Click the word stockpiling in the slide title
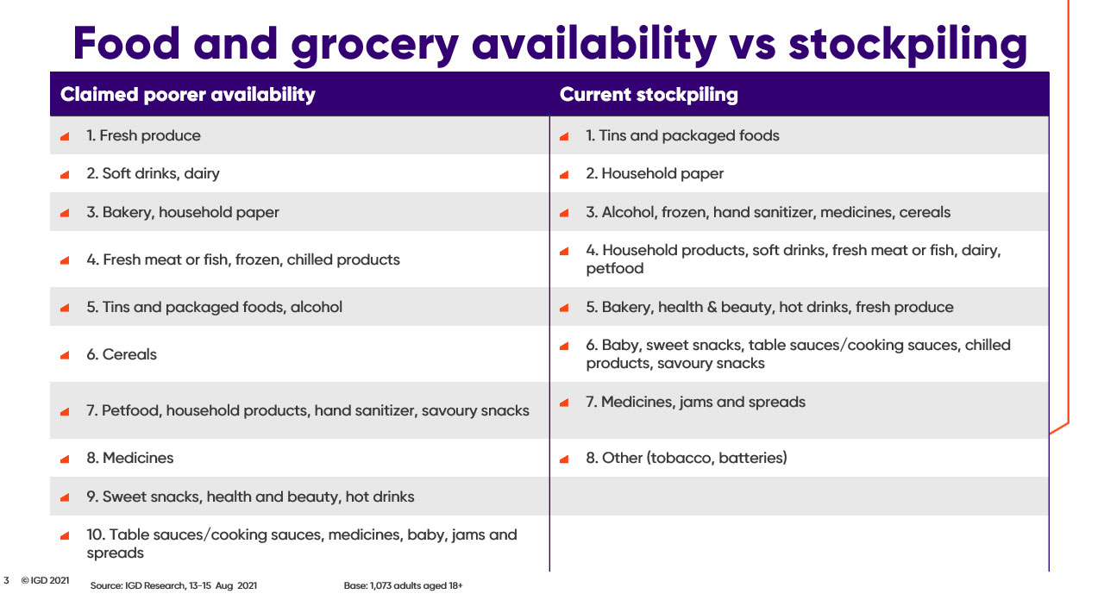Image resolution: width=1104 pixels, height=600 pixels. [x=908, y=45]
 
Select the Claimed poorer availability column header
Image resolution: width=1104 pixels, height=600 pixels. [x=188, y=94]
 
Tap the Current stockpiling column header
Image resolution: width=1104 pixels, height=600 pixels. [x=649, y=94]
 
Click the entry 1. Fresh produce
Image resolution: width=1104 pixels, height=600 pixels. [x=143, y=135]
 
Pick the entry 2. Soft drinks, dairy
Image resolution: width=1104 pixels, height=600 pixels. [x=153, y=174]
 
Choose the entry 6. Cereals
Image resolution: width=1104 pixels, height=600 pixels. [x=122, y=354]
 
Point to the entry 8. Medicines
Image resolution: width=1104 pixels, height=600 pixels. [x=129, y=458]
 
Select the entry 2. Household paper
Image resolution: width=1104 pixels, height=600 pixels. [x=655, y=174]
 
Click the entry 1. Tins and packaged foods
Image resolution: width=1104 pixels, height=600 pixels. [x=682, y=135]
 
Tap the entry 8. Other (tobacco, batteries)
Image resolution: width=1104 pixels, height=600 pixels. [x=686, y=458]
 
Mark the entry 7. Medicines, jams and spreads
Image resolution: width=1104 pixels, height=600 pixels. [x=695, y=402]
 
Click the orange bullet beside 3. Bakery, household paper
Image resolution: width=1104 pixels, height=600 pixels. [x=65, y=213]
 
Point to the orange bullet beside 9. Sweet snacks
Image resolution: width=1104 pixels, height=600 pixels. [x=65, y=497]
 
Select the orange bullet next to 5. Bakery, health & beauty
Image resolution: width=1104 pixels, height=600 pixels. [x=564, y=308]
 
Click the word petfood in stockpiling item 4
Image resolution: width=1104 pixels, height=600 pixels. [x=615, y=268]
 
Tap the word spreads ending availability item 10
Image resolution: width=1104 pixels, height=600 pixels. [x=115, y=553]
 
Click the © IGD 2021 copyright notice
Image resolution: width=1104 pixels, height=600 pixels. [x=45, y=580]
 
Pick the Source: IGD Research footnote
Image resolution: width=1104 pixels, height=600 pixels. [x=173, y=585]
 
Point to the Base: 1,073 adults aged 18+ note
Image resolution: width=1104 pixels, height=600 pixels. [x=403, y=585]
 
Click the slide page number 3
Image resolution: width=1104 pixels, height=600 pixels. [x=6, y=580]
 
